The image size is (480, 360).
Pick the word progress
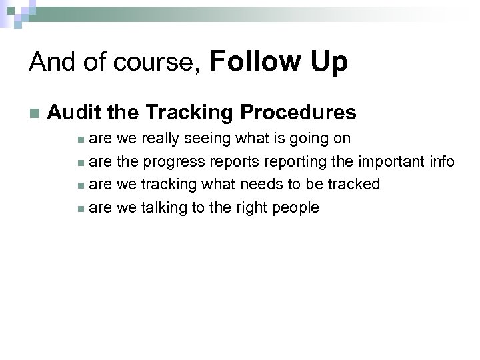click(174, 161)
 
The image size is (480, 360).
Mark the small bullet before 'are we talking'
click(80, 209)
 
